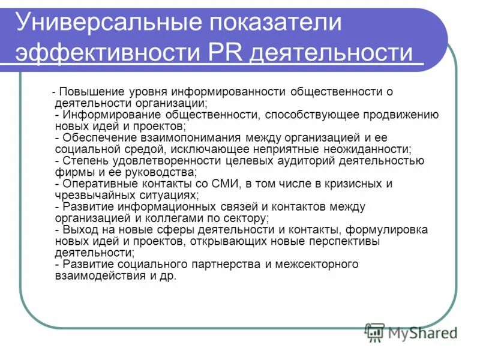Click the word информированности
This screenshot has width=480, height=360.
(229, 92)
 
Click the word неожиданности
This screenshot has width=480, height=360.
(370, 149)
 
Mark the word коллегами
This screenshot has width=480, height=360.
(175, 218)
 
